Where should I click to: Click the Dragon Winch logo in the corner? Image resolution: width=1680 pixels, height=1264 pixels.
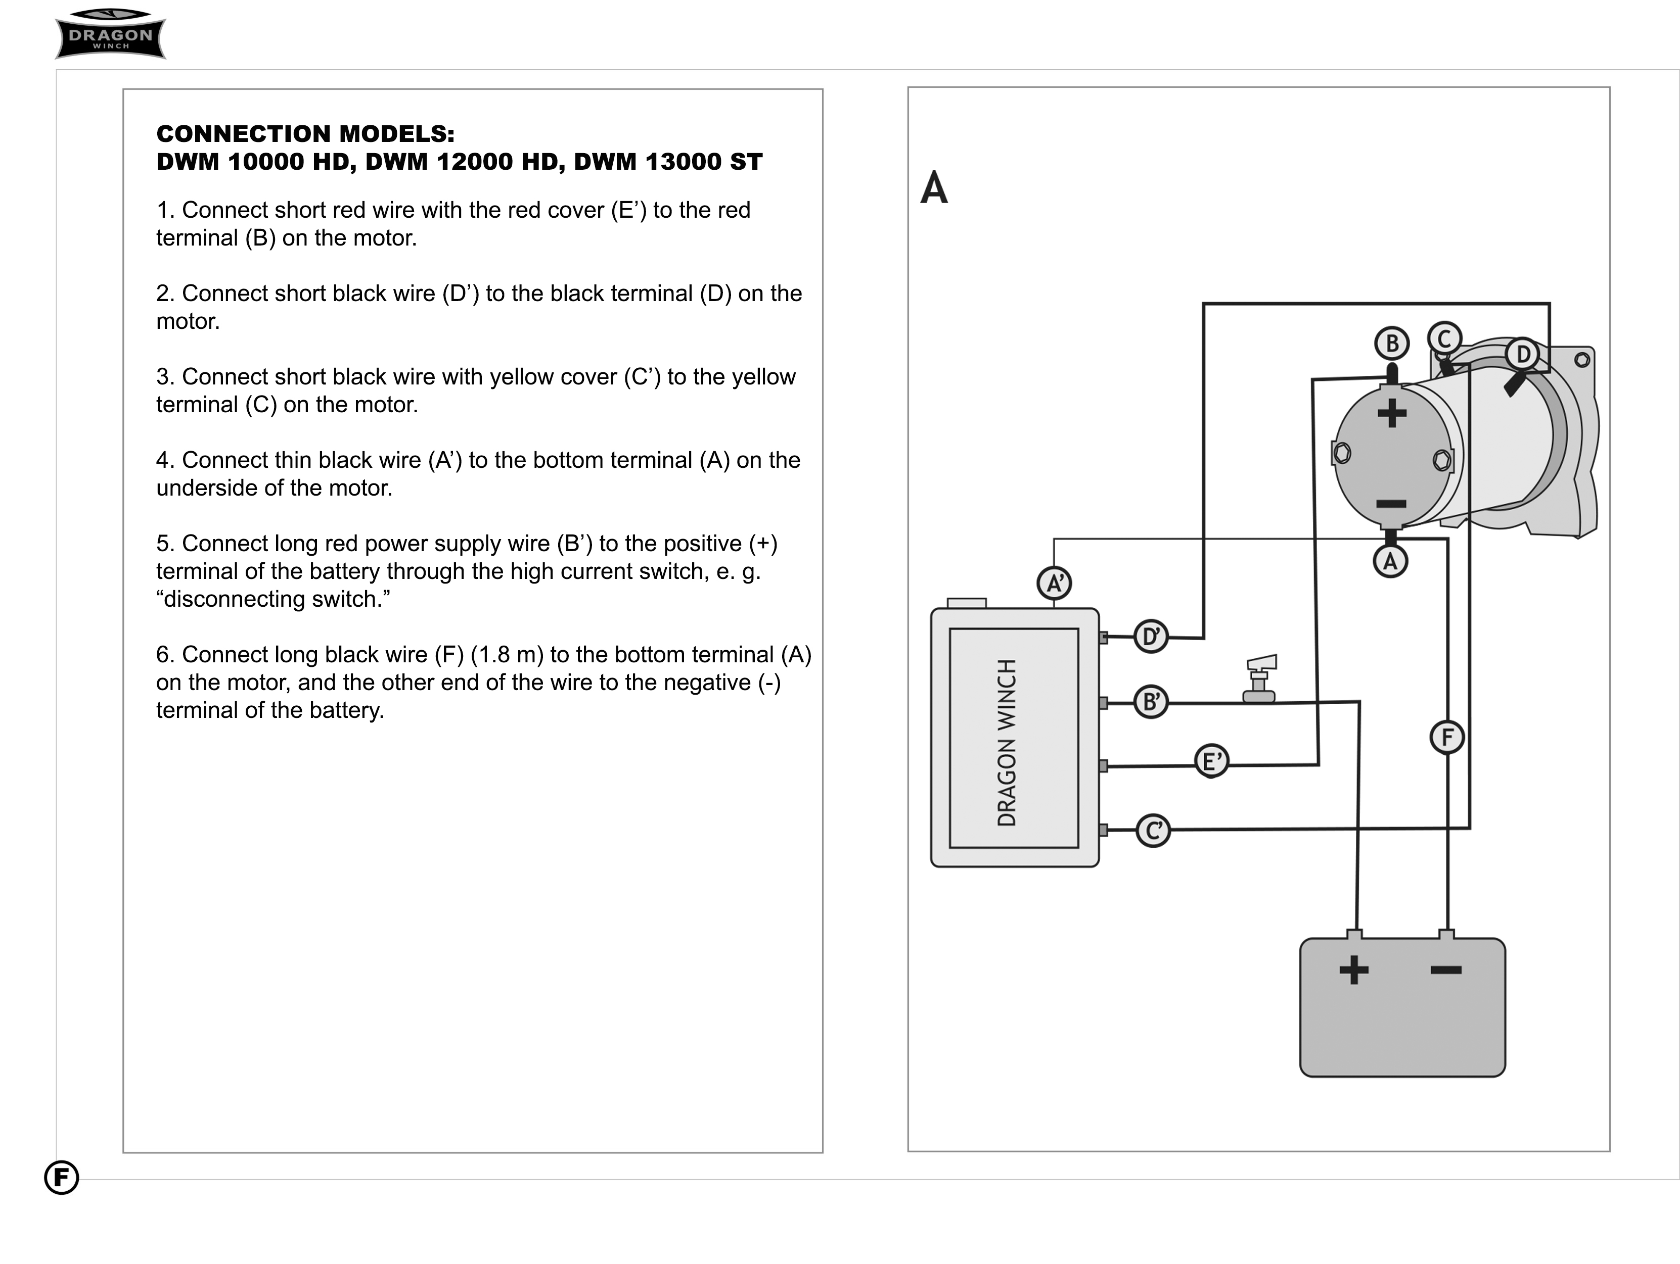click(x=111, y=34)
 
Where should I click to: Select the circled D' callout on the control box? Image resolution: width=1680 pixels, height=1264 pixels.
click(x=1151, y=636)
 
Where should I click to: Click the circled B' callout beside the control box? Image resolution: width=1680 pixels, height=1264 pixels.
click(x=1151, y=701)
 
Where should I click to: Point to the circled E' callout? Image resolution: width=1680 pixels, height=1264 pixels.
click(x=1211, y=761)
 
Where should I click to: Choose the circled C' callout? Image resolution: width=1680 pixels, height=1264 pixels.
click(x=1153, y=831)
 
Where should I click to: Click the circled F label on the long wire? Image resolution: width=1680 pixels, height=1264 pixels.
click(x=1447, y=737)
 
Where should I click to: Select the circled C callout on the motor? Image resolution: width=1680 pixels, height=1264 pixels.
click(x=1444, y=338)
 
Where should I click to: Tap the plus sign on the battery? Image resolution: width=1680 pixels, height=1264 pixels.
click(x=1353, y=969)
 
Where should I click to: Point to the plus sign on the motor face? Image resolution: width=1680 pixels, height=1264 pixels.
click(x=1391, y=414)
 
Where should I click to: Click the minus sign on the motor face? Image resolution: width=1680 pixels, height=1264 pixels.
click(x=1391, y=503)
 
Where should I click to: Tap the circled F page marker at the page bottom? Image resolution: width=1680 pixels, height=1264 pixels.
click(x=62, y=1178)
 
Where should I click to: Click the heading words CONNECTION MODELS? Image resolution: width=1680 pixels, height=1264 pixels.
click(x=305, y=133)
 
